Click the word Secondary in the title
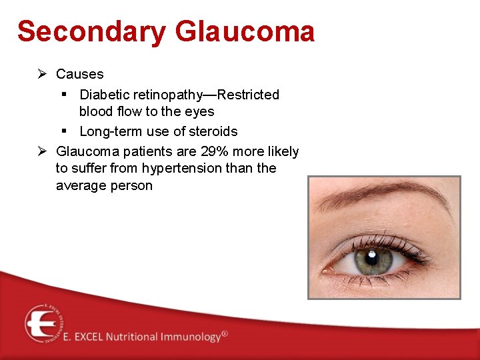[x=90, y=31]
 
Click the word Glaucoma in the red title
[x=245, y=31]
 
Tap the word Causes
[x=79, y=74]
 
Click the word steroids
[x=212, y=131]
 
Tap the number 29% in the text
[x=215, y=151]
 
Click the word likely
[x=283, y=151]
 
